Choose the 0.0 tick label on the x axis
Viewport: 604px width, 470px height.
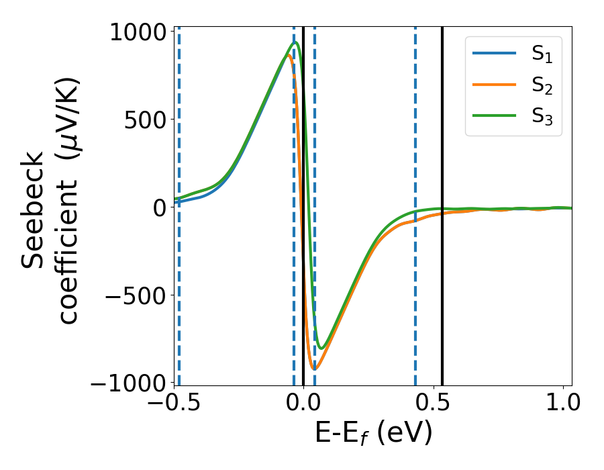(303, 403)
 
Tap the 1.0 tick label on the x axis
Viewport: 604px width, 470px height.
(562, 403)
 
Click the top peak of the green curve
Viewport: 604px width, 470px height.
(295, 43)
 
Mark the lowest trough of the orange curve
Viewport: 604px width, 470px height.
(314, 369)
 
